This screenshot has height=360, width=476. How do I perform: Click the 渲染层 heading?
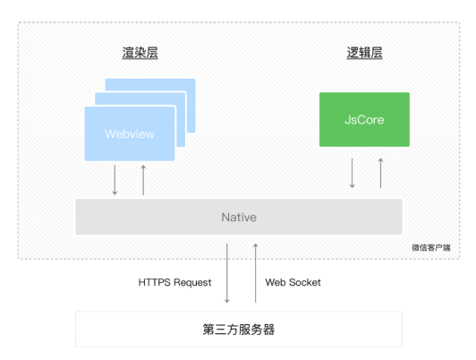pos(140,53)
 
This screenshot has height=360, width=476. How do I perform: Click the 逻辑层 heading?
pos(364,53)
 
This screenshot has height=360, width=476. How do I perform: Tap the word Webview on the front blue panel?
pos(130,134)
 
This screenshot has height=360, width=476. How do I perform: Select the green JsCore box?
pos(364,119)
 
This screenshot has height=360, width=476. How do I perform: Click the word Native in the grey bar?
pos(239,218)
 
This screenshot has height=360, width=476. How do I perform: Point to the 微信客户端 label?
pos(431,247)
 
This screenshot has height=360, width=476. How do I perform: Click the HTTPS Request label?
pos(174,282)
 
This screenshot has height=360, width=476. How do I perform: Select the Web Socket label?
pos(293,282)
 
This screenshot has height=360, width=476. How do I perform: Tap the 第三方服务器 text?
pos(239,330)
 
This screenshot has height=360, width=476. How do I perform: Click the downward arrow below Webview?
pos(115,180)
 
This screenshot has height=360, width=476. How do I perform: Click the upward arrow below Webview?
pos(143,180)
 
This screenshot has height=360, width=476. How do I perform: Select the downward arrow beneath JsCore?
pos(353,173)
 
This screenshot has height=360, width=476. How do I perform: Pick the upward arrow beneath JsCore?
pos(380,173)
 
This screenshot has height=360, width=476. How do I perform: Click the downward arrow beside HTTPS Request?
pos(226,273)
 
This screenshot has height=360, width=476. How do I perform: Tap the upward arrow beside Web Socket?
pos(256,273)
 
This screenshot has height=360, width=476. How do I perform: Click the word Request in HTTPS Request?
pos(192,283)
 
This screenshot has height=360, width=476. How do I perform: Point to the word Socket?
pos(305,282)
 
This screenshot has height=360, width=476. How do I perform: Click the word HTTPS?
pos(155,282)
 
